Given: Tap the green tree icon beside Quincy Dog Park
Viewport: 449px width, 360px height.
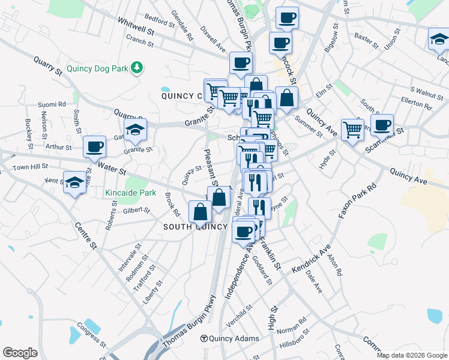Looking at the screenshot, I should click(x=137, y=67).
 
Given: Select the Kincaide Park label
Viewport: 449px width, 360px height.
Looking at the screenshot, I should click(x=130, y=193).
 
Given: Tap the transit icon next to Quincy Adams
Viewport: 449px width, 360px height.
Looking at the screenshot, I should click(x=204, y=338).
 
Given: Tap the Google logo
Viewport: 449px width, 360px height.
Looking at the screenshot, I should click(x=20, y=352).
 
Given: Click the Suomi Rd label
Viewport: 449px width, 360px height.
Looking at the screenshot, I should click(x=52, y=104).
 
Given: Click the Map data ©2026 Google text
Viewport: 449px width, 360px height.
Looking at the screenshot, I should click(x=411, y=355).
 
